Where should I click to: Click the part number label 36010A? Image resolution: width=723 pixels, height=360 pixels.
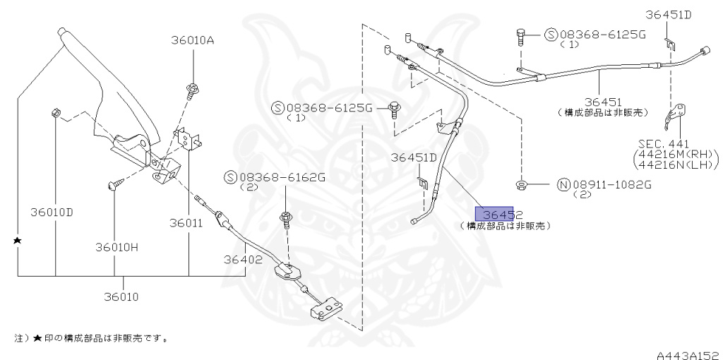point(191,40)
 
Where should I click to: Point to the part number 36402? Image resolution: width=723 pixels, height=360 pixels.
point(244,259)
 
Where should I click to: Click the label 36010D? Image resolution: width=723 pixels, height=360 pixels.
point(52,212)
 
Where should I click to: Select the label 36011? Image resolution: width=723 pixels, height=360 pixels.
point(186,222)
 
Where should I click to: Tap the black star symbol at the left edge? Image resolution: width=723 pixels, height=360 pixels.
point(18,241)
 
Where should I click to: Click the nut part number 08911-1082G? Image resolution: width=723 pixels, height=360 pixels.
point(611,185)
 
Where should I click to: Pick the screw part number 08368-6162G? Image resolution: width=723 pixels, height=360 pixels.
point(282,177)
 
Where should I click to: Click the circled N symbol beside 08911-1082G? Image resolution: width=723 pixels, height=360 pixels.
point(563,185)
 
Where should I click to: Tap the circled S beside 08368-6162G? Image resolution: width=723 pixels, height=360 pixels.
point(229,177)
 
